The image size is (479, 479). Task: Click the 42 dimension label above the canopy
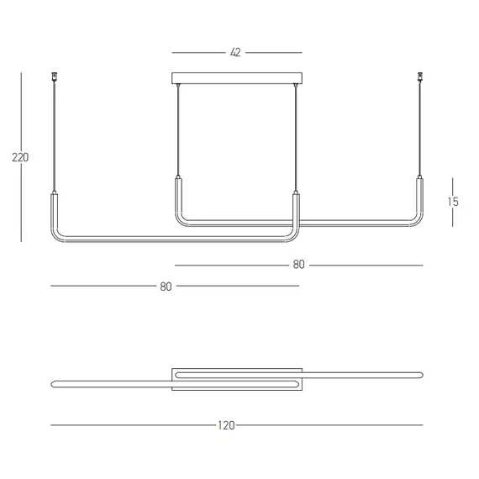pos(235,52)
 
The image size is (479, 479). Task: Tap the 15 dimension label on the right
pos(454,203)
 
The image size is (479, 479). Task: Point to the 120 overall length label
pos(226,425)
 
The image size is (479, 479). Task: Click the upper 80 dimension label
pos(298,265)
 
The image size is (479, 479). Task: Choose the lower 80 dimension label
pos(166,287)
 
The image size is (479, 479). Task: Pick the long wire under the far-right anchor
pos(418,126)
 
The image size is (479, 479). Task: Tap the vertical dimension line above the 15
pos(454,186)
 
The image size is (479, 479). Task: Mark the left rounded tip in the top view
pos(53,383)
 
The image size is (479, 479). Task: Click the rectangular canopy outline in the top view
pos(237,367)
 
